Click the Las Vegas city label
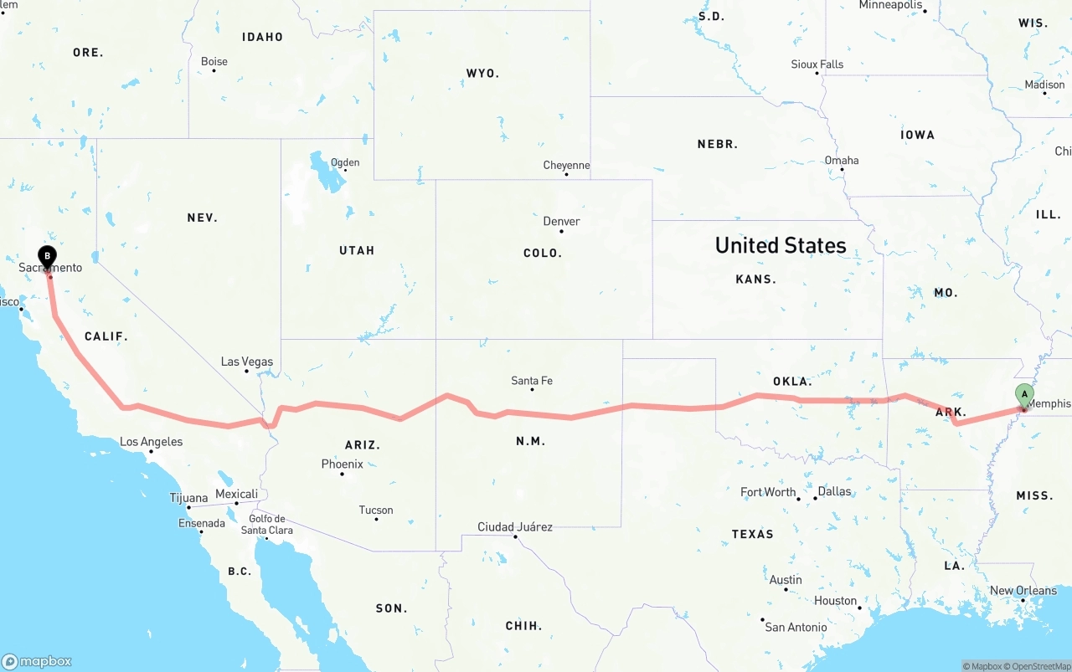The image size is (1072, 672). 247,362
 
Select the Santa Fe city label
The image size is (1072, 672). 532,381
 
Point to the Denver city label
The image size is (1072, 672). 561,221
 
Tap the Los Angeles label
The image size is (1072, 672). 151,441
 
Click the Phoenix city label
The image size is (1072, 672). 342,464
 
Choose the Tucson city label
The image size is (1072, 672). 376,510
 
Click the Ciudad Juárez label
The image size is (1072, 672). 515,526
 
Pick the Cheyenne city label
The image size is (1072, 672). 566,165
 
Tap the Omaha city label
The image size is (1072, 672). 842,160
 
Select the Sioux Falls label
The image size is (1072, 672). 817,64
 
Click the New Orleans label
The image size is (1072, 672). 1023,590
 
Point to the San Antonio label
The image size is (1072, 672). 796,627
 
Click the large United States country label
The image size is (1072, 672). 781,245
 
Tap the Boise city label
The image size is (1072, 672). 214,61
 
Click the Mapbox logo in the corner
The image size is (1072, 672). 37,661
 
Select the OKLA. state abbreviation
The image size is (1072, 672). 792,382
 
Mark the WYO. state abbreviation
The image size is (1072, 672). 482,74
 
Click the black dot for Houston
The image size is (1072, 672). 860,608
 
